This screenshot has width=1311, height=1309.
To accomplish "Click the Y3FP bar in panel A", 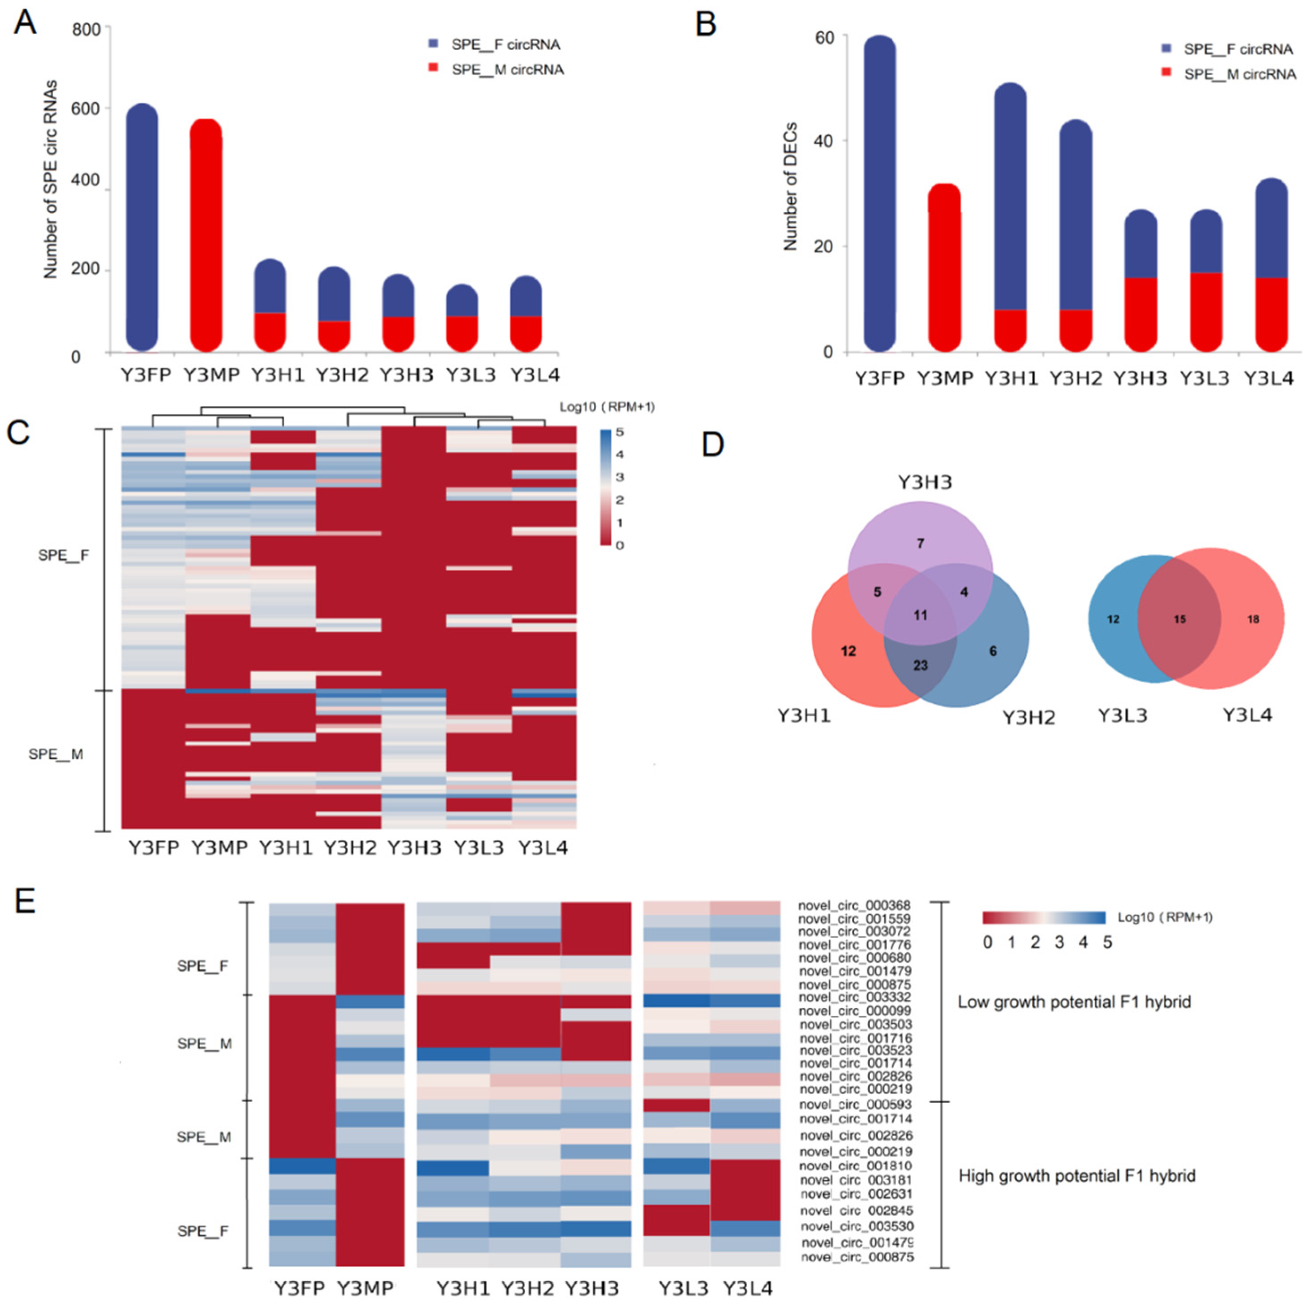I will point(142,227).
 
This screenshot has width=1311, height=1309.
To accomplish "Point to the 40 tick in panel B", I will point(824,141).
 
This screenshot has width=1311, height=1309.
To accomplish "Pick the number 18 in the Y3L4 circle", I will point(1253,619).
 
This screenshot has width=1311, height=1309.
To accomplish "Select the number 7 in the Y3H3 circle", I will point(920,543).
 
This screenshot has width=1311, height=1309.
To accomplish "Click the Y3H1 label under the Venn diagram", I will point(804,715).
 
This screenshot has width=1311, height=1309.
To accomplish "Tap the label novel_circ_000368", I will point(854,905).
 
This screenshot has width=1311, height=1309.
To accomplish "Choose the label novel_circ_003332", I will point(854,997).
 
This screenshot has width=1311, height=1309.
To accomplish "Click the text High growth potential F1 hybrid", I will point(1077,1176).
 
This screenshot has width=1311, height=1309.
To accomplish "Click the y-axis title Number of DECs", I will point(791,187).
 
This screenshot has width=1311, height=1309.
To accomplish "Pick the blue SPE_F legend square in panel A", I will point(433,43).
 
